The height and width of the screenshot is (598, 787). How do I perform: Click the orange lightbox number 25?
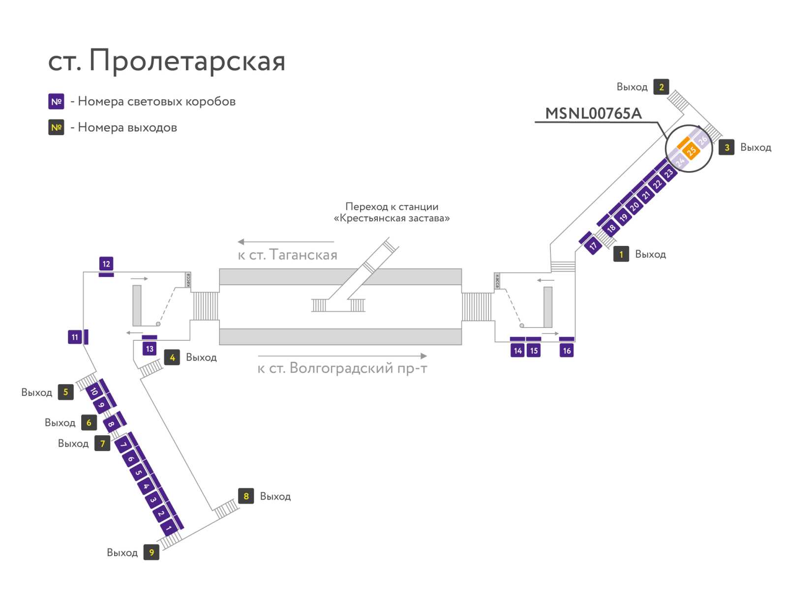click(x=691, y=150)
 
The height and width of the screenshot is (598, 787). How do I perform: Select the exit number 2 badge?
click(x=661, y=87)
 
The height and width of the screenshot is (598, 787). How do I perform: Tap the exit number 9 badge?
click(x=151, y=552)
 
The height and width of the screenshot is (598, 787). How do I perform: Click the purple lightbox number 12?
click(x=106, y=264)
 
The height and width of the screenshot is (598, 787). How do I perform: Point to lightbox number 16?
click(x=567, y=351)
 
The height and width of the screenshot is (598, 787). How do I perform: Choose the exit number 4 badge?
click(x=172, y=357)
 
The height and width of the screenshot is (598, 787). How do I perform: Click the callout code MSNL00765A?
click(x=593, y=114)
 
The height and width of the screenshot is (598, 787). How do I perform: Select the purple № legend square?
click(x=56, y=101)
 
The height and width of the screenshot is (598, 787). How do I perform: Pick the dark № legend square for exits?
click(x=56, y=127)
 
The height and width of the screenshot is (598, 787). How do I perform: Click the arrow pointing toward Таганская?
click(x=286, y=242)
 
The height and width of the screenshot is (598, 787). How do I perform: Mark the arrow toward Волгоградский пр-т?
click(x=342, y=356)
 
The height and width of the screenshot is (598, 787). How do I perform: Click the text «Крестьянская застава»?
click(x=392, y=218)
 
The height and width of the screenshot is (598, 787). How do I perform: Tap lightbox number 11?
click(x=75, y=337)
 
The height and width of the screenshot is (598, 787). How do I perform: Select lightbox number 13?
click(x=150, y=349)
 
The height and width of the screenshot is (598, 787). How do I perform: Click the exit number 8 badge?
click(x=246, y=496)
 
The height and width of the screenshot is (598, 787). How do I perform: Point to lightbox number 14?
click(x=517, y=351)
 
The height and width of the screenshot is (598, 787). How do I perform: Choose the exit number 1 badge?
click(x=621, y=254)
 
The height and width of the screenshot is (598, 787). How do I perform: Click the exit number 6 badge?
click(x=89, y=422)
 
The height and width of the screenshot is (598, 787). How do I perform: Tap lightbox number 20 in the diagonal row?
click(x=635, y=207)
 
